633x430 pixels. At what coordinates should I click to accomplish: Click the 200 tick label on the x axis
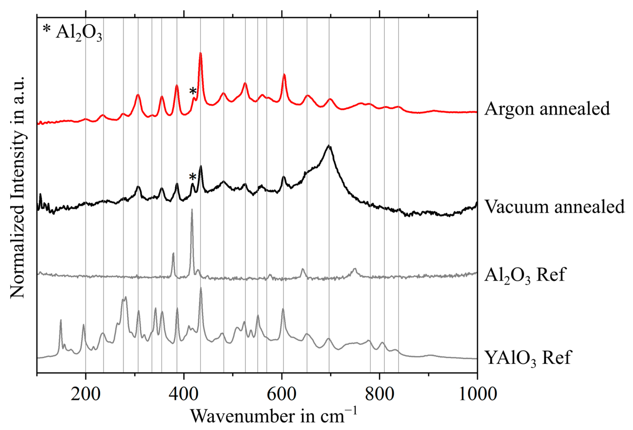pos(86,394)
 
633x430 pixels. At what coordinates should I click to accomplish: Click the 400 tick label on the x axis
pos(183,394)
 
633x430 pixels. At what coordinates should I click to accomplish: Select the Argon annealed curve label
pos(547,109)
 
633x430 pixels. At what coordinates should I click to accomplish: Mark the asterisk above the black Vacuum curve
pos(193,177)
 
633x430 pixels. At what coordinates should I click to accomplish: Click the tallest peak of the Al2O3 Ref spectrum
pos(192,210)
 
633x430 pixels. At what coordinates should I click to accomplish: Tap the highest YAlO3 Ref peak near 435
pos(201,288)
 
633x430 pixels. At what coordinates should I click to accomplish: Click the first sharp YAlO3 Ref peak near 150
pos(61,320)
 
